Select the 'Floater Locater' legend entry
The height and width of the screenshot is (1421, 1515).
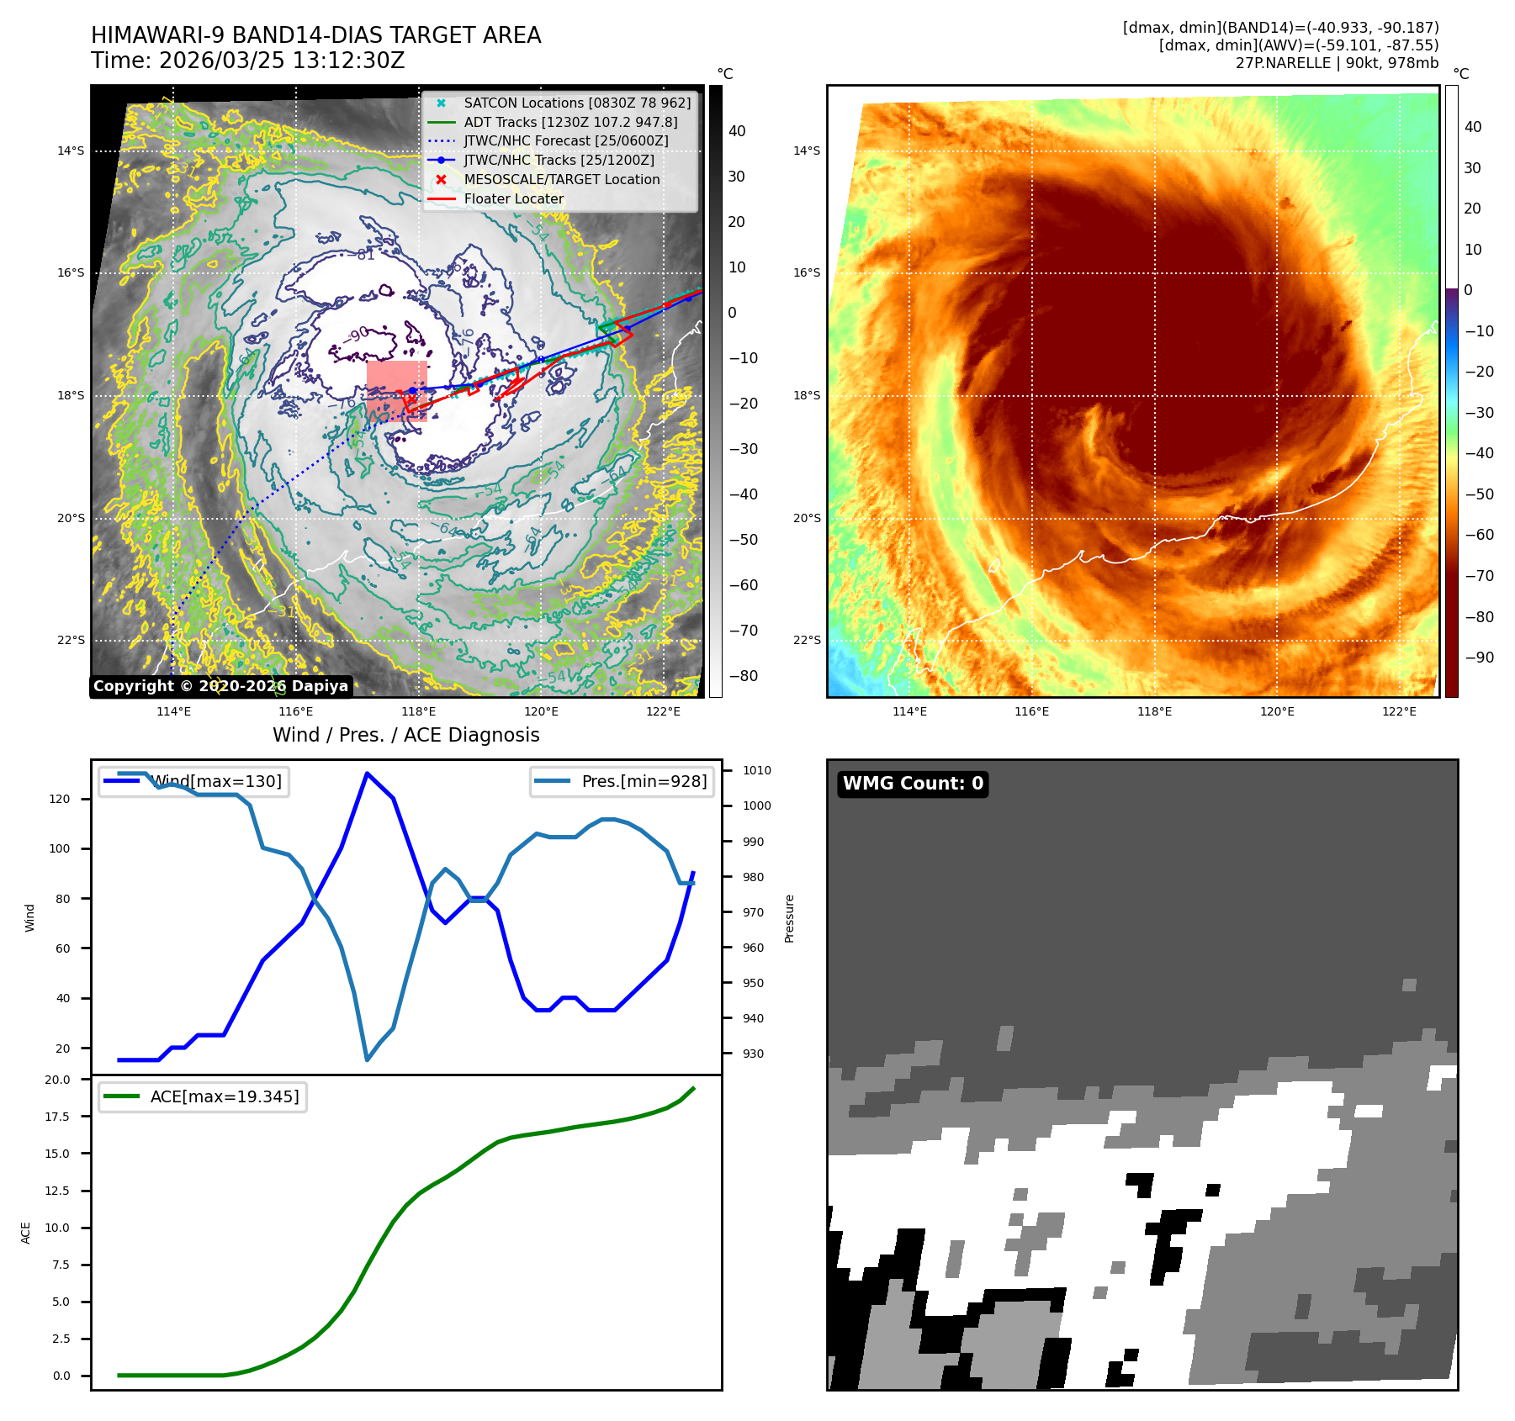click(513, 198)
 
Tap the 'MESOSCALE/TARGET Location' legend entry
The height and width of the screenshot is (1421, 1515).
click(561, 179)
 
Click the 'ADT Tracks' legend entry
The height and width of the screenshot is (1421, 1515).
click(570, 122)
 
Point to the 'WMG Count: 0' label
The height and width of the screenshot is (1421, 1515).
click(913, 784)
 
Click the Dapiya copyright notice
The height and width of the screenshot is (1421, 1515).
click(220, 686)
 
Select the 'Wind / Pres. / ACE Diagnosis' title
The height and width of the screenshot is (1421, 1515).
click(405, 735)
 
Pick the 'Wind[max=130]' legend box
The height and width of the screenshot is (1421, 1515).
click(193, 781)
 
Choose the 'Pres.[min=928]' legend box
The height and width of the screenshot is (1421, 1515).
click(622, 781)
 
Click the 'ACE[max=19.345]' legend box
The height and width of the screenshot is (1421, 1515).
click(202, 1096)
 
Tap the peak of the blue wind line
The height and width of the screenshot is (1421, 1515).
click(367, 773)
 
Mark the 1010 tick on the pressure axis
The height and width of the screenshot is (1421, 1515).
click(756, 770)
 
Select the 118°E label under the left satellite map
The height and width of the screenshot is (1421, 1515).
click(418, 712)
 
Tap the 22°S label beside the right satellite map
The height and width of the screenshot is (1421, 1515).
click(806, 640)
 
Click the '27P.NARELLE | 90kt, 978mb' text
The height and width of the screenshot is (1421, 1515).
click(1337, 63)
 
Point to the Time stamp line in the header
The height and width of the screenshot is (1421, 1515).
click(248, 61)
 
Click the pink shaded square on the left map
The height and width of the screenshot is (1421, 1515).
click(396, 390)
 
